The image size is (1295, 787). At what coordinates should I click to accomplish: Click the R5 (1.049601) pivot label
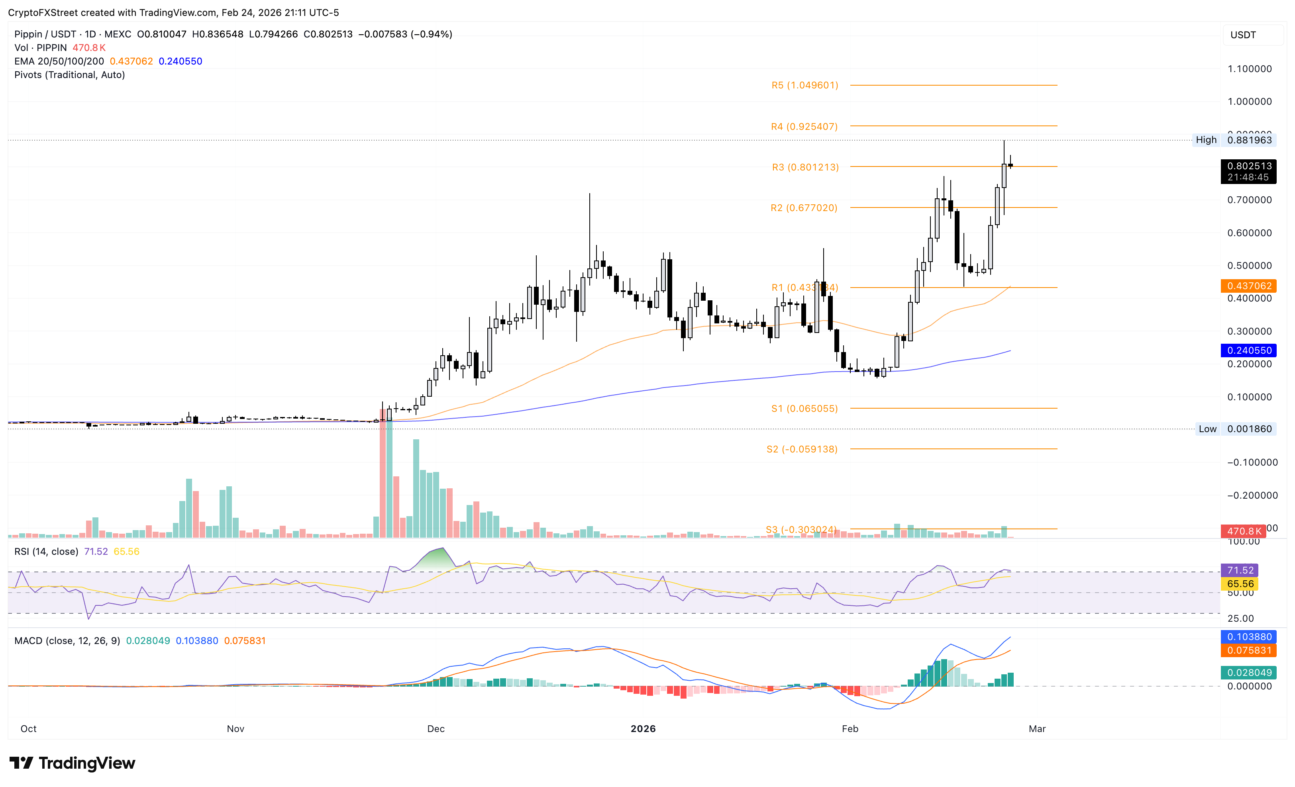click(x=804, y=85)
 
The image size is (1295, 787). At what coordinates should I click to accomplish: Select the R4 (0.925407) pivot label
click(x=804, y=127)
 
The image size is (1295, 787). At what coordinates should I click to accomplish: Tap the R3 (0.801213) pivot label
click(x=805, y=167)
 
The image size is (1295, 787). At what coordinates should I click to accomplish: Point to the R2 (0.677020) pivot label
click(x=804, y=208)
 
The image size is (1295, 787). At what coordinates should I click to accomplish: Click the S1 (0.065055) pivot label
click(x=804, y=409)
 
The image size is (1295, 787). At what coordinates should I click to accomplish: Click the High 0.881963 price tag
click(x=1234, y=140)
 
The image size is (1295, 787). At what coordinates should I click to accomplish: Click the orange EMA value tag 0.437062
click(x=1249, y=286)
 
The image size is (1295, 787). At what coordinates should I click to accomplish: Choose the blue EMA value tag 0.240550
click(x=1249, y=350)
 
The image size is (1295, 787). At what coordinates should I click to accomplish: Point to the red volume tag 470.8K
click(x=1244, y=531)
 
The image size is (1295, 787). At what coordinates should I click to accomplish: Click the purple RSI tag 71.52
click(x=1240, y=570)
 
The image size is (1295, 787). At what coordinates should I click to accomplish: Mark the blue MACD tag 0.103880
click(x=1249, y=637)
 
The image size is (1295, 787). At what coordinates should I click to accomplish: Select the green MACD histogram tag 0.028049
click(x=1249, y=672)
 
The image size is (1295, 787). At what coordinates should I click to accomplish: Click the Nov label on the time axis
click(x=235, y=729)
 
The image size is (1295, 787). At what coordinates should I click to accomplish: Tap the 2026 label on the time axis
click(x=643, y=729)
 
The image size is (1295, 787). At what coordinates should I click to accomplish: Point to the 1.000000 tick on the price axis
click(x=1249, y=102)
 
